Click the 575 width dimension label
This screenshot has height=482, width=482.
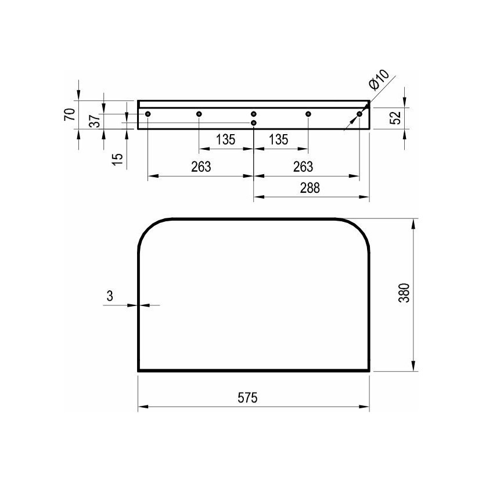pyautogui.click(x=247, y=398)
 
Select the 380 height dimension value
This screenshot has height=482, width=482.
pyautogui.click(x=405, y=293)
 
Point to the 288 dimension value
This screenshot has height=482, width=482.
pyautogui.click(x=310, y=188)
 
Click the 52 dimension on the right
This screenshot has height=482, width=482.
pyautogui.click(x=395, y=117)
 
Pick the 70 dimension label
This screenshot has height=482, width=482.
pyautogui.click(x=70, y=114)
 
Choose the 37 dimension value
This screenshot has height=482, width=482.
pyautogui.click(x=95, y=121)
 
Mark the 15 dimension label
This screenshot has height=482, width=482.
pyautogui.click(x=117, y=159)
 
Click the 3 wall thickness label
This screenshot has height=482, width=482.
pyautogui.click(x=110, y=296)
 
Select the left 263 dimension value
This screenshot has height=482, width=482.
pyautogui.click(x=201, y=167)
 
